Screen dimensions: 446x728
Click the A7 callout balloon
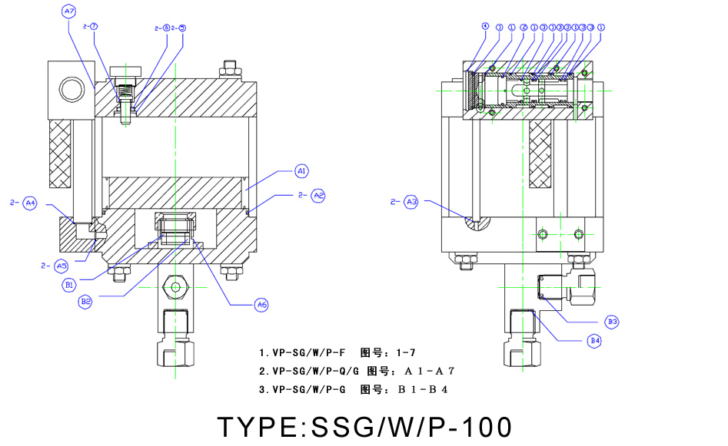tap(69, 12)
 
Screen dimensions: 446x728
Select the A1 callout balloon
tap(302, 170)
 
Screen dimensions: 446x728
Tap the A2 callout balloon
tap(318, 196)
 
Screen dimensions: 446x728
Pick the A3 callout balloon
tap(412, 202)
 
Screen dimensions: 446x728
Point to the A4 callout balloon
tap(30, 203)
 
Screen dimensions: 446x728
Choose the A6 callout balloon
tap(262, 305)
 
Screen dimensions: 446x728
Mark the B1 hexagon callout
tap(69, 284)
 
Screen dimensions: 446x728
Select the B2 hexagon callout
tap(86, 302)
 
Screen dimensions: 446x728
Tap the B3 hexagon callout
tap(613, 321)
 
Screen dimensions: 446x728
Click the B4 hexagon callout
tap(595, 340)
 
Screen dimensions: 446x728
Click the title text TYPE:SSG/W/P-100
tap(364, 426)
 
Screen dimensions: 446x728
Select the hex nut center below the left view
tap(176, 288)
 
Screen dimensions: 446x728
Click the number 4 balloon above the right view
tap(485, 26)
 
